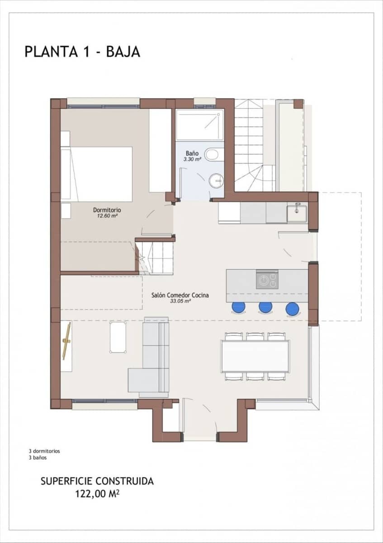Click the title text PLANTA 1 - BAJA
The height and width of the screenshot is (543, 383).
[82, 52]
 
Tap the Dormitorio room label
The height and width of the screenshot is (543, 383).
[107, 210]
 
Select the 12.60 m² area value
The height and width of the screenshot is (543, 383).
[107, 216]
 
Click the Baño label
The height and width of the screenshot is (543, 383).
[192, 153]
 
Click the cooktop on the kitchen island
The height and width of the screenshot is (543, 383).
[267, 280]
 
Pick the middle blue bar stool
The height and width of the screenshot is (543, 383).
[265, 307]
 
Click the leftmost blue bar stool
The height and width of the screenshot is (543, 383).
[238, 307]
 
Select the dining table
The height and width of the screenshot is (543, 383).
[255, 356]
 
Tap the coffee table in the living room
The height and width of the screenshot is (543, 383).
[118, 337]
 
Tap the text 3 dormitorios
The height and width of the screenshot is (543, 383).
[44, 451]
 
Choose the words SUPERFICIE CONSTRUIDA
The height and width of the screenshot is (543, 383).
[97, 481]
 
